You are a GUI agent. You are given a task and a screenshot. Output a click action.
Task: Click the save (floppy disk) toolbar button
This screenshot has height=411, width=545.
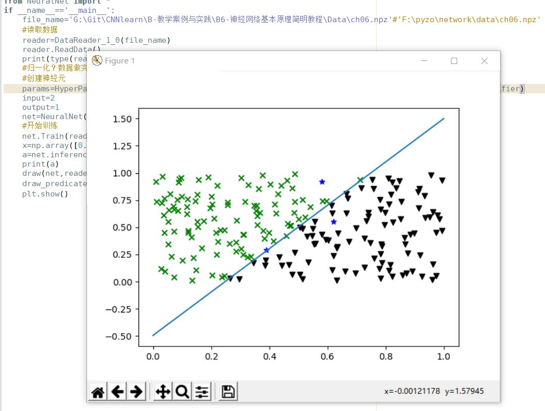click(x=228, y=392)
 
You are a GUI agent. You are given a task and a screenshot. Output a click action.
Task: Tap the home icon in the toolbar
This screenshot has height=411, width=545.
click(x=98, y=392)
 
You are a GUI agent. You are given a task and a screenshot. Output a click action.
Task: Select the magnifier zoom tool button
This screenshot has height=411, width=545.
click(x=182, y=392)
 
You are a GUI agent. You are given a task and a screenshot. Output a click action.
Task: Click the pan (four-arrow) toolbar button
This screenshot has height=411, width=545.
click(x=163, y=392)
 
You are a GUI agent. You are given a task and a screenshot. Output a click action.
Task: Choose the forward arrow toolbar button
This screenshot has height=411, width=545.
click(x=136, y=392)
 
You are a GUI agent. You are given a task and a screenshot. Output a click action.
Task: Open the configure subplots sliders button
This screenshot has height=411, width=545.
click(x=202, y=392)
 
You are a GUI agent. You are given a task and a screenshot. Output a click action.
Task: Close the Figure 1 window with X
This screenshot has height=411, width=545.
click(x=484, y=61)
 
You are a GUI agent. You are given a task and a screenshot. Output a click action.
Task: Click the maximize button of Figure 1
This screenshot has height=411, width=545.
click(x=454, y=61)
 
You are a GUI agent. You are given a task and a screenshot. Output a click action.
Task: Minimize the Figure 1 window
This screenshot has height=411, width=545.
click(x=424, y=61)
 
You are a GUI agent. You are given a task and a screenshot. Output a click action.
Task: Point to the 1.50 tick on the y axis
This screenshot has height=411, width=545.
click(x=122, y=119)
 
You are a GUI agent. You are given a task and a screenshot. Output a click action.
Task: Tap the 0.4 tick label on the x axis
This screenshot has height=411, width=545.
click(x=269, y=356)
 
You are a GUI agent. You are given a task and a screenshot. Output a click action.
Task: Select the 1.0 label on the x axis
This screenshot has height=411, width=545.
click(x=444, y=356)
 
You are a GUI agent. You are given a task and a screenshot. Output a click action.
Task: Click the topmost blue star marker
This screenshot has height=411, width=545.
click(x=322, y=182)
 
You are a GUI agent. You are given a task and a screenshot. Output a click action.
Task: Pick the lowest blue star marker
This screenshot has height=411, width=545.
click(x=267, y=250)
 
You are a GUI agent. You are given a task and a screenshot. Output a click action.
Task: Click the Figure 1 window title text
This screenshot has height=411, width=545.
click(x=120, y=61)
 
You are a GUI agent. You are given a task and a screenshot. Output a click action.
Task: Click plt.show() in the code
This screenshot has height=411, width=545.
click(x=45, y=194)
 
